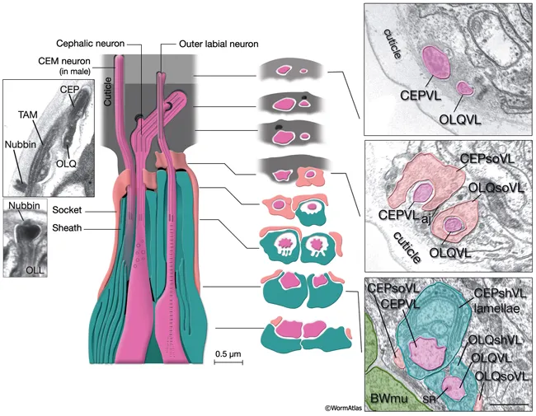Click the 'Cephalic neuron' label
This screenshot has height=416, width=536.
[90, 44]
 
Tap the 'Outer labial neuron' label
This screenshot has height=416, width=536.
[219, 44]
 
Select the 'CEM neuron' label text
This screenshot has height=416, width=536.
[64, 62]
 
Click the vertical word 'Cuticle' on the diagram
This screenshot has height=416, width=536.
[108, 91]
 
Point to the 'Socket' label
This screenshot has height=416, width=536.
[67, 210]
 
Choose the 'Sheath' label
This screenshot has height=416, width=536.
[67, 228]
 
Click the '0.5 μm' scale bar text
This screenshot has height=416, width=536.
[228, 353]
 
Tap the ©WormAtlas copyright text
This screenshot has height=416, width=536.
[343, 408]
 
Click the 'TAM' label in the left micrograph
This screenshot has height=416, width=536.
[28, 115]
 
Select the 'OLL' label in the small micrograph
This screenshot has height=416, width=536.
[35, 270]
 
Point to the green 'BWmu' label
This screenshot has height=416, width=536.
[389, 398]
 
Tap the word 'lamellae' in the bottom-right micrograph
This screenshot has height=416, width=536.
[497, 308]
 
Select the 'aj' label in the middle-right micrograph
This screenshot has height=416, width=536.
[425, 216]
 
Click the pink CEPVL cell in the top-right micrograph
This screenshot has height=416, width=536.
[436, 63]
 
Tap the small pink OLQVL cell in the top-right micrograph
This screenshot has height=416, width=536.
[465, 88]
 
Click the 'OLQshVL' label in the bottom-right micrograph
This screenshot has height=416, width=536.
[496, 340]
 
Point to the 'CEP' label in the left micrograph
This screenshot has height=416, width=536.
[70, 90]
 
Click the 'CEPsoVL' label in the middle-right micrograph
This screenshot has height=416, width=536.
[487, 159]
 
